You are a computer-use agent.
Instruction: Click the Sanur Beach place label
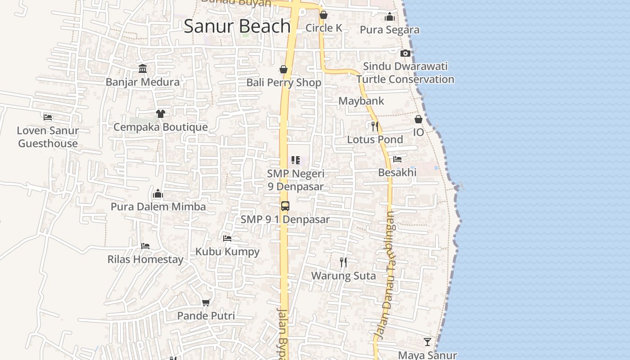237,26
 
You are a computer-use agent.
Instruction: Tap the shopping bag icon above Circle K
323,15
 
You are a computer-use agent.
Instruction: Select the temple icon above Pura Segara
390,17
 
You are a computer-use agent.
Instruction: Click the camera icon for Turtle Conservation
405,53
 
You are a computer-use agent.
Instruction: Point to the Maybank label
361,101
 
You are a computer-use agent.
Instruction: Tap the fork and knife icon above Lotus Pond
374,126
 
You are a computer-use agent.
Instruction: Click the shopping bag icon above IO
418,119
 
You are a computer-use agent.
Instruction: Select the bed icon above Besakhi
397,159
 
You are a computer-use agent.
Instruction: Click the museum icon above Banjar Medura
143,68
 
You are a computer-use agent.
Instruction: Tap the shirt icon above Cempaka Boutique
160,113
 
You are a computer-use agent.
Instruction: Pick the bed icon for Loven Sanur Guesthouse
48,117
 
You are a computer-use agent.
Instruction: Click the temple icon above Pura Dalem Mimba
158,193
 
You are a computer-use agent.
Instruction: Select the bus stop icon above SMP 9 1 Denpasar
285,206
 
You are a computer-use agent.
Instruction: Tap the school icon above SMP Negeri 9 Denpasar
296,160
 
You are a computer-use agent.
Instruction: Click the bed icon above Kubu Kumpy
227,238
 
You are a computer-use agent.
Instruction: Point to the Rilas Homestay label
145,260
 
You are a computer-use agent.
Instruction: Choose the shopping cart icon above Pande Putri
206,302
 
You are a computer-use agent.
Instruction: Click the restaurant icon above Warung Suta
343,262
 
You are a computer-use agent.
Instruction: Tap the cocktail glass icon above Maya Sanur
427,342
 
